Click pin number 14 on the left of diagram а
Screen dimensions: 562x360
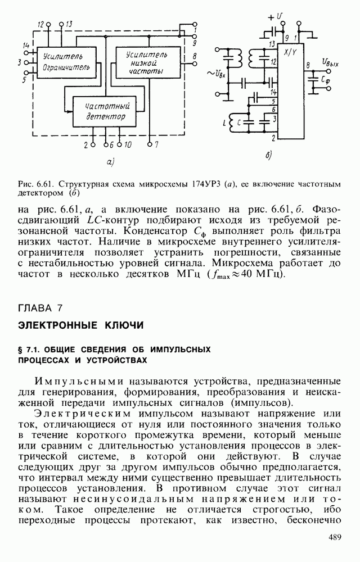(x=26, y=45)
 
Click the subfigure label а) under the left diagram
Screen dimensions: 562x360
(x=110, y=163)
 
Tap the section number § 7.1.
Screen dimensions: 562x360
(x=30, y=350)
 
